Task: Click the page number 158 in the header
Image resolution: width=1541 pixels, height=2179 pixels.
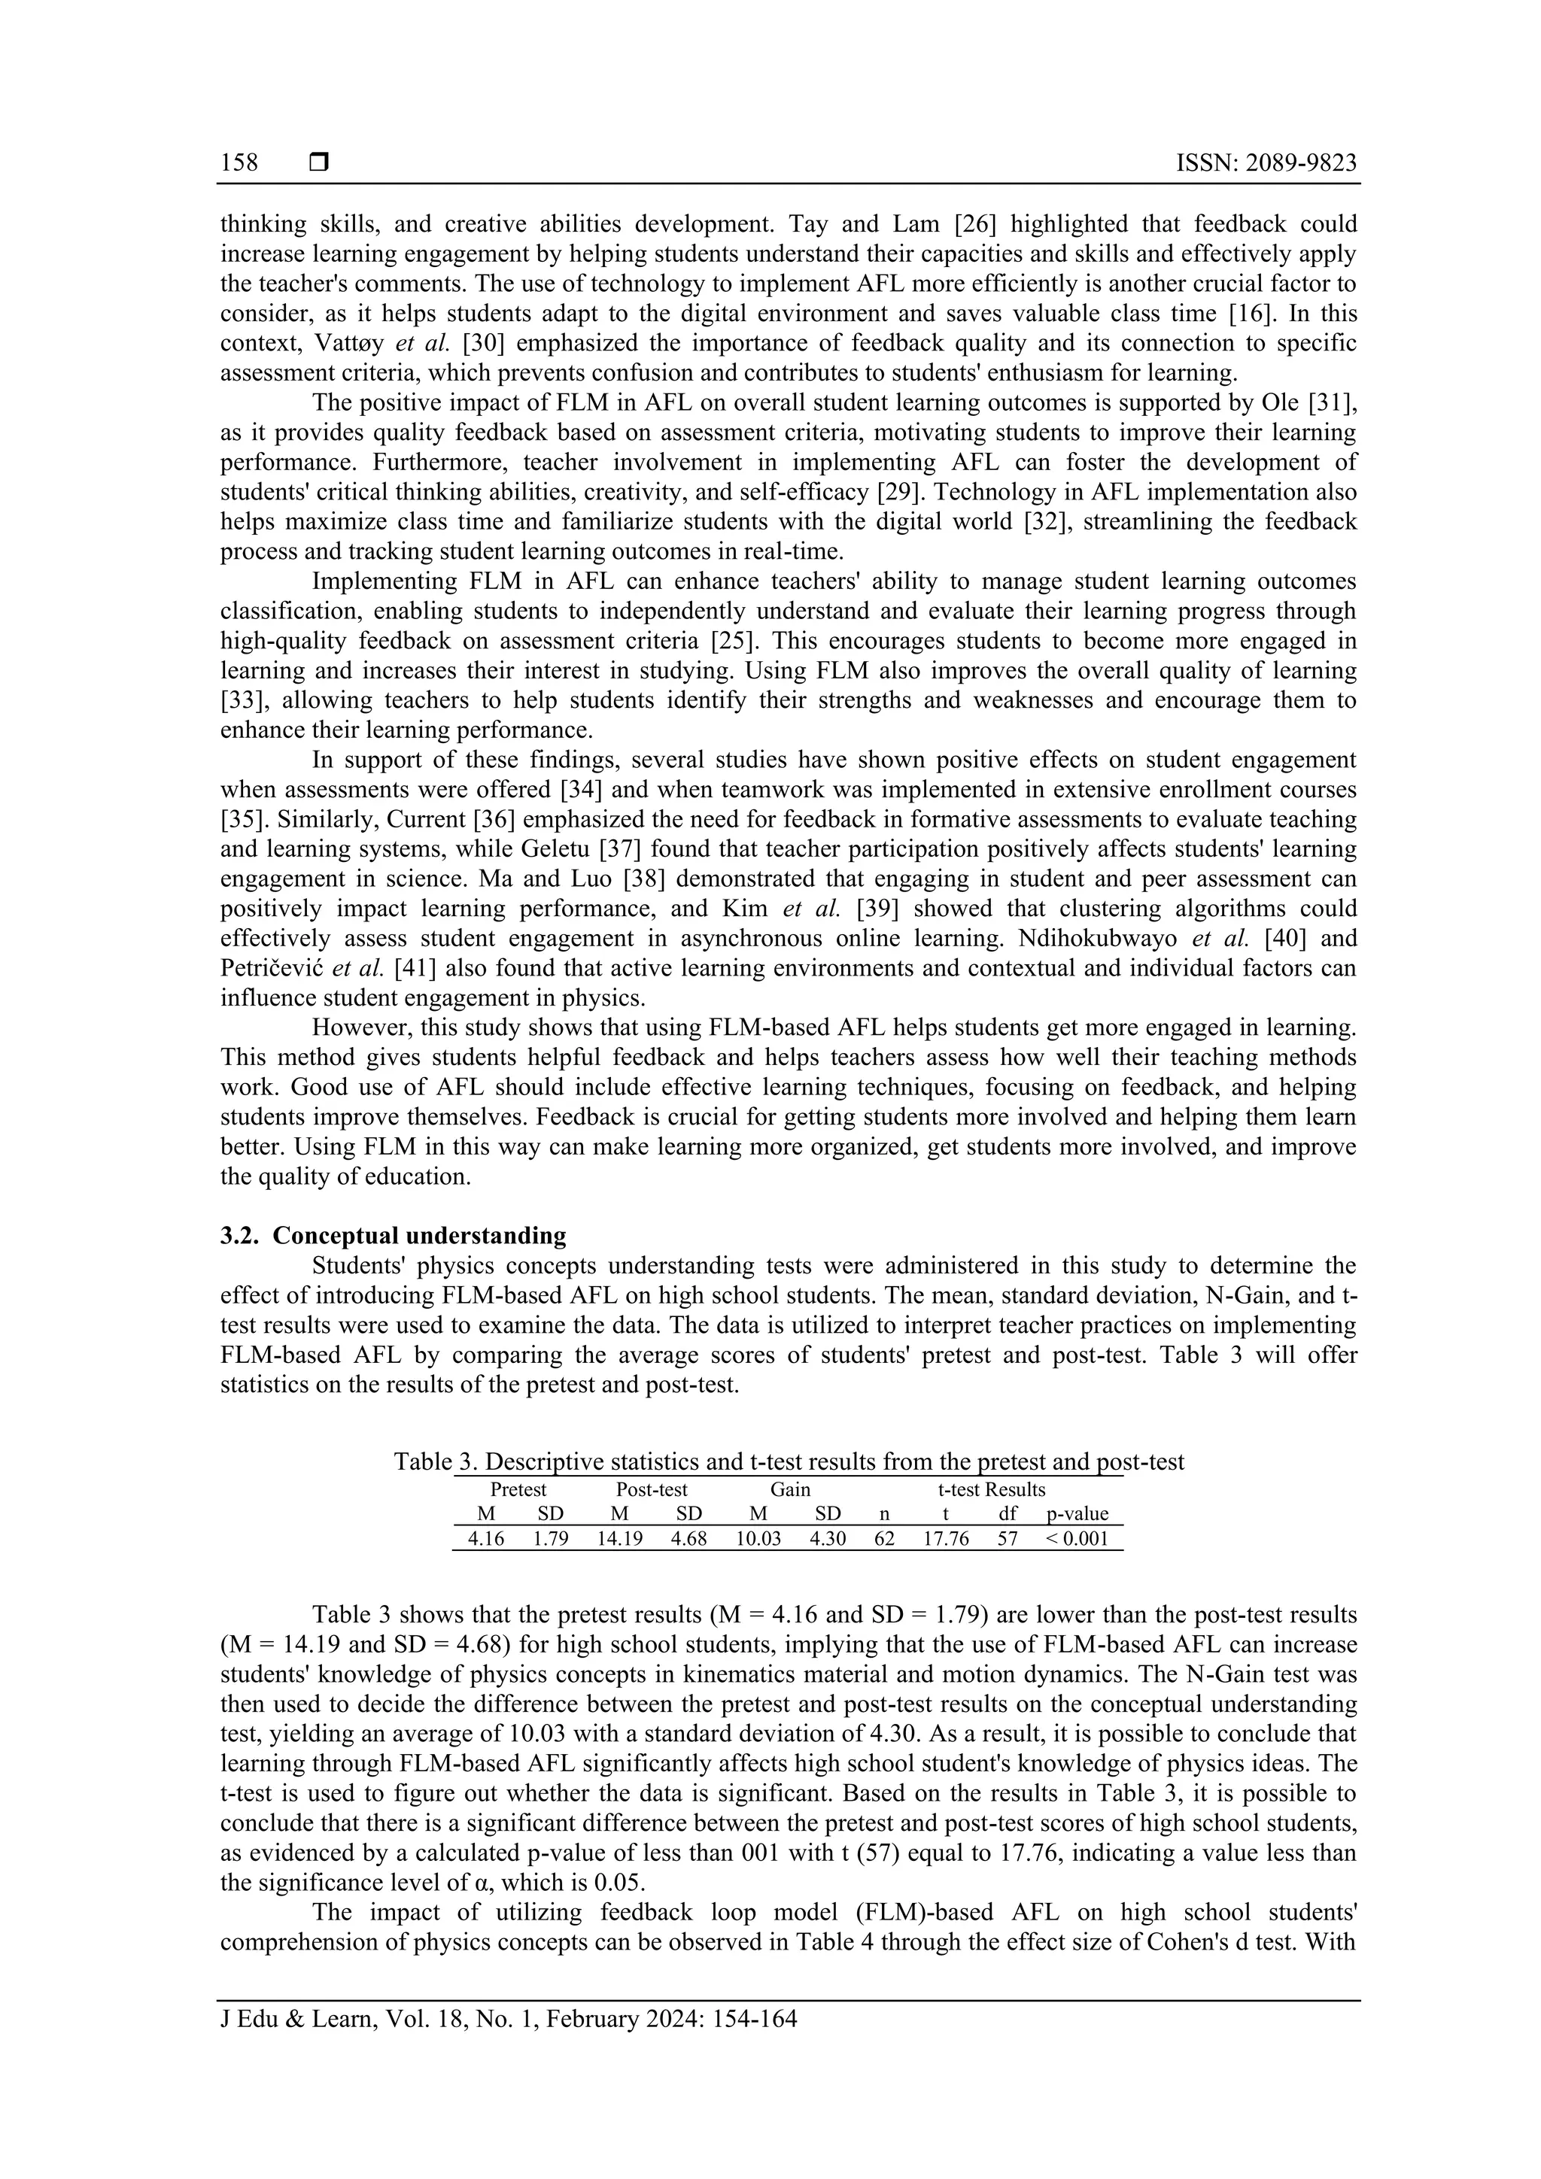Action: coord(239,163)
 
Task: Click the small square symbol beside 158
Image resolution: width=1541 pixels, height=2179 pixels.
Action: coord(319,163)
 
